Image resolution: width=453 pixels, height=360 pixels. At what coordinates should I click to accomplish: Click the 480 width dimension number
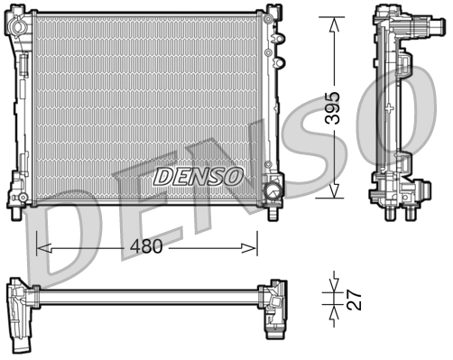147,246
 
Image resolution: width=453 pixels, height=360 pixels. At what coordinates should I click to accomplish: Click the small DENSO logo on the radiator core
197,175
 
